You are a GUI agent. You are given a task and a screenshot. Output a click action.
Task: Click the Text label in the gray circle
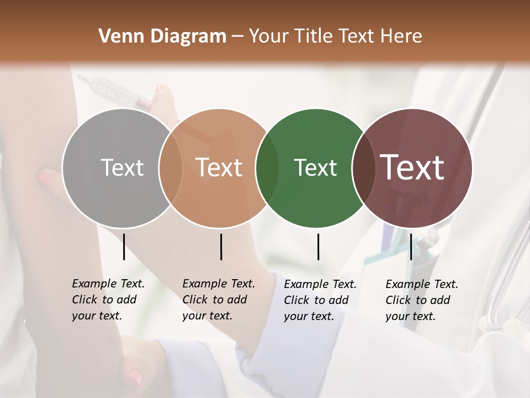pos(122,167)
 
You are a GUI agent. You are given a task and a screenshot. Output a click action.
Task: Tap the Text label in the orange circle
pos(219,167)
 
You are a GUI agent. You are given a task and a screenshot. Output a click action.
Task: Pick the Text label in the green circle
pos(315,167)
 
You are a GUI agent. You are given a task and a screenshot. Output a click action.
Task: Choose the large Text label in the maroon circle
pos(412,167)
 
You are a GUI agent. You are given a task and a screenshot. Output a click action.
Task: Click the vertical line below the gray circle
pos(124,247)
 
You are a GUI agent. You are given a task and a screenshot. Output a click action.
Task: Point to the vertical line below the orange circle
pos(221,247)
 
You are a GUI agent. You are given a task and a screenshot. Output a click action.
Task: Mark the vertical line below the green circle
pos(318,247)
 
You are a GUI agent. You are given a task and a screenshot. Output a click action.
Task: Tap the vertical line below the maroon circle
pos(411,247)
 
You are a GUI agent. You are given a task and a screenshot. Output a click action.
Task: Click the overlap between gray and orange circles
pos(171,168)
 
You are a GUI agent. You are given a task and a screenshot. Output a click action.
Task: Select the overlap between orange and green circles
pos(268,168)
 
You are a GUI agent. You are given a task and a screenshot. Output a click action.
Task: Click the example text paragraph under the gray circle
pos(108,300)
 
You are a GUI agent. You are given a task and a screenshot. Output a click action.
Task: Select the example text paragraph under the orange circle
pos(219,300)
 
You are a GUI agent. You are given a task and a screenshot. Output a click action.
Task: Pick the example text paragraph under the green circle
pos(320,300)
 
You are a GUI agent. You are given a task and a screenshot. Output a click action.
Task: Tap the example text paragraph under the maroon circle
pos(422,300)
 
